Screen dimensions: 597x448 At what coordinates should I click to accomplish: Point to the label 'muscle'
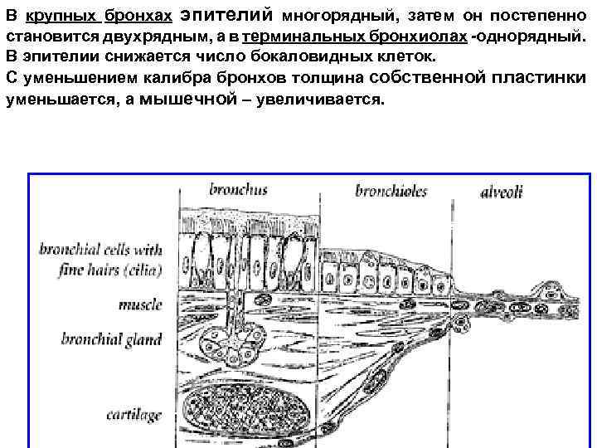click(139, 304)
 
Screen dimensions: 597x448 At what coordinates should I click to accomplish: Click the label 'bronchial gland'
click(111, 339)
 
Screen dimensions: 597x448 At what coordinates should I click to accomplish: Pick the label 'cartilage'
click(133, 413)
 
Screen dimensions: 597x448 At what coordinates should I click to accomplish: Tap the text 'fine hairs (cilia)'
click(110, 270)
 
